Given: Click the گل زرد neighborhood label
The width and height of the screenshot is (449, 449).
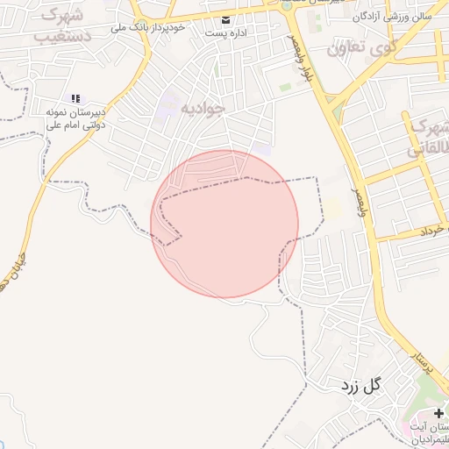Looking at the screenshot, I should click(362, 384).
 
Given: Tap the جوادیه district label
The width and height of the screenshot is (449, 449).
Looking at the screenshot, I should click(203, 108).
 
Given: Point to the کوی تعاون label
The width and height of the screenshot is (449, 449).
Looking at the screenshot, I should click(362, 46).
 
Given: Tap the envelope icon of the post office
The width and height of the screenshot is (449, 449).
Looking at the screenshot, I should click(227, 19).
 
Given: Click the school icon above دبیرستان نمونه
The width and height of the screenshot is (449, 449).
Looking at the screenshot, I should click(75, 98).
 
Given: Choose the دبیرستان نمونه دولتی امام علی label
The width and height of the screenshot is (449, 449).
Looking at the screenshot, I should click(76, 118).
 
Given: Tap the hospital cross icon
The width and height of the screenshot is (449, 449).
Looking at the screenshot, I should click(438, 412).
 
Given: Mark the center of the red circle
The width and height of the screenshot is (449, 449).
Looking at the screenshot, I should click(224, 223).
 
